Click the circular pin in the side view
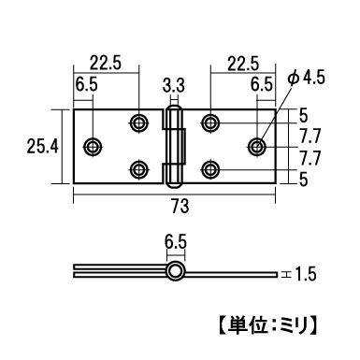point(174,272)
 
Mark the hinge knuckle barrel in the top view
point(173,145)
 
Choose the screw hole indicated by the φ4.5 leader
point(256,146)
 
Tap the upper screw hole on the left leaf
point(139,122)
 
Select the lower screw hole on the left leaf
point(139,169)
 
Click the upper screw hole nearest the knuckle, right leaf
point(210,122)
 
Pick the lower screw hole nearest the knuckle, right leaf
point(210,169)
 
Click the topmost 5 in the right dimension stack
point(303,116)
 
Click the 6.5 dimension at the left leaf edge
point(84,84)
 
